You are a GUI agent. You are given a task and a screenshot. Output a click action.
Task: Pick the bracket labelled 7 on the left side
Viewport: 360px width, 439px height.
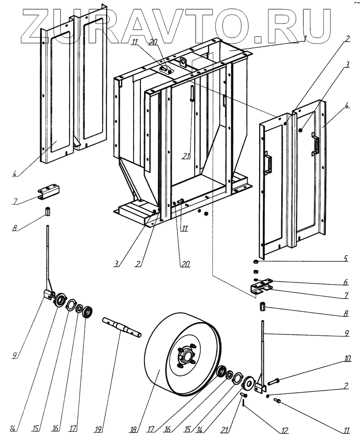click(x=48, y=192)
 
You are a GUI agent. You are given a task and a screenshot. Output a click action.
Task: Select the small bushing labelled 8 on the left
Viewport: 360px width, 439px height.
click(x=47, y=212)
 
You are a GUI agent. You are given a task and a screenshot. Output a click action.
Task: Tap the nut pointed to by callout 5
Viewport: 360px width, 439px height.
click(x=255, y=261)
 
